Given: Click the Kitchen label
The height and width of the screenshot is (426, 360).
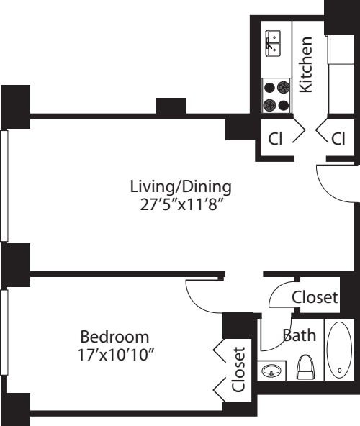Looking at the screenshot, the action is point(306,65).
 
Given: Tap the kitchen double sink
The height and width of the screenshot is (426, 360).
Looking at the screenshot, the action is point(273,44).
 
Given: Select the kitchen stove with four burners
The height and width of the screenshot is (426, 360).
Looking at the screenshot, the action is point(276,96).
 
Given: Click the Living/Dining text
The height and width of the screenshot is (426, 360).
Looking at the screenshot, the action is point(181,187).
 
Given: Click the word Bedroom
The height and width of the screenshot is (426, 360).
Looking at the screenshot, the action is point(114,337).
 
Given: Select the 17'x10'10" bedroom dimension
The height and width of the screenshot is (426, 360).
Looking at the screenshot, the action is point(116,354).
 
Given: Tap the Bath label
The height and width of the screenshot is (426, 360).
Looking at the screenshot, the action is point(300,335).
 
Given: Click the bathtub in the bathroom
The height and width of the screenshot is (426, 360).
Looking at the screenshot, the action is point(339,350).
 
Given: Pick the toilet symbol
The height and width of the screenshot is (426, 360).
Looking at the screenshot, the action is point(305,367).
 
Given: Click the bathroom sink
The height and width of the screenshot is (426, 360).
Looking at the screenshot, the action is point(271,371).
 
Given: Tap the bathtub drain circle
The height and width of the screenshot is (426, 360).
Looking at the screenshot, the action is point(340,370).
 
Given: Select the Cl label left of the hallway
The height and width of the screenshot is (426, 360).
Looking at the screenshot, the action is point(275,139).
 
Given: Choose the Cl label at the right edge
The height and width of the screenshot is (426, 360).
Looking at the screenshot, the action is point(338,139).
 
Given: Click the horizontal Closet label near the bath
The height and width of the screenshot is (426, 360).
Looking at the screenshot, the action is point(315,297).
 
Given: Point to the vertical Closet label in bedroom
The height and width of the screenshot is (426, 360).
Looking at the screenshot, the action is point(238,369).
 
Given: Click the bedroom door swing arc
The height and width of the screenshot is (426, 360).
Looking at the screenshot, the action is point(198,304).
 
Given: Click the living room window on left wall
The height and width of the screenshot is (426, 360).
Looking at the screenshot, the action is point(4,186).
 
